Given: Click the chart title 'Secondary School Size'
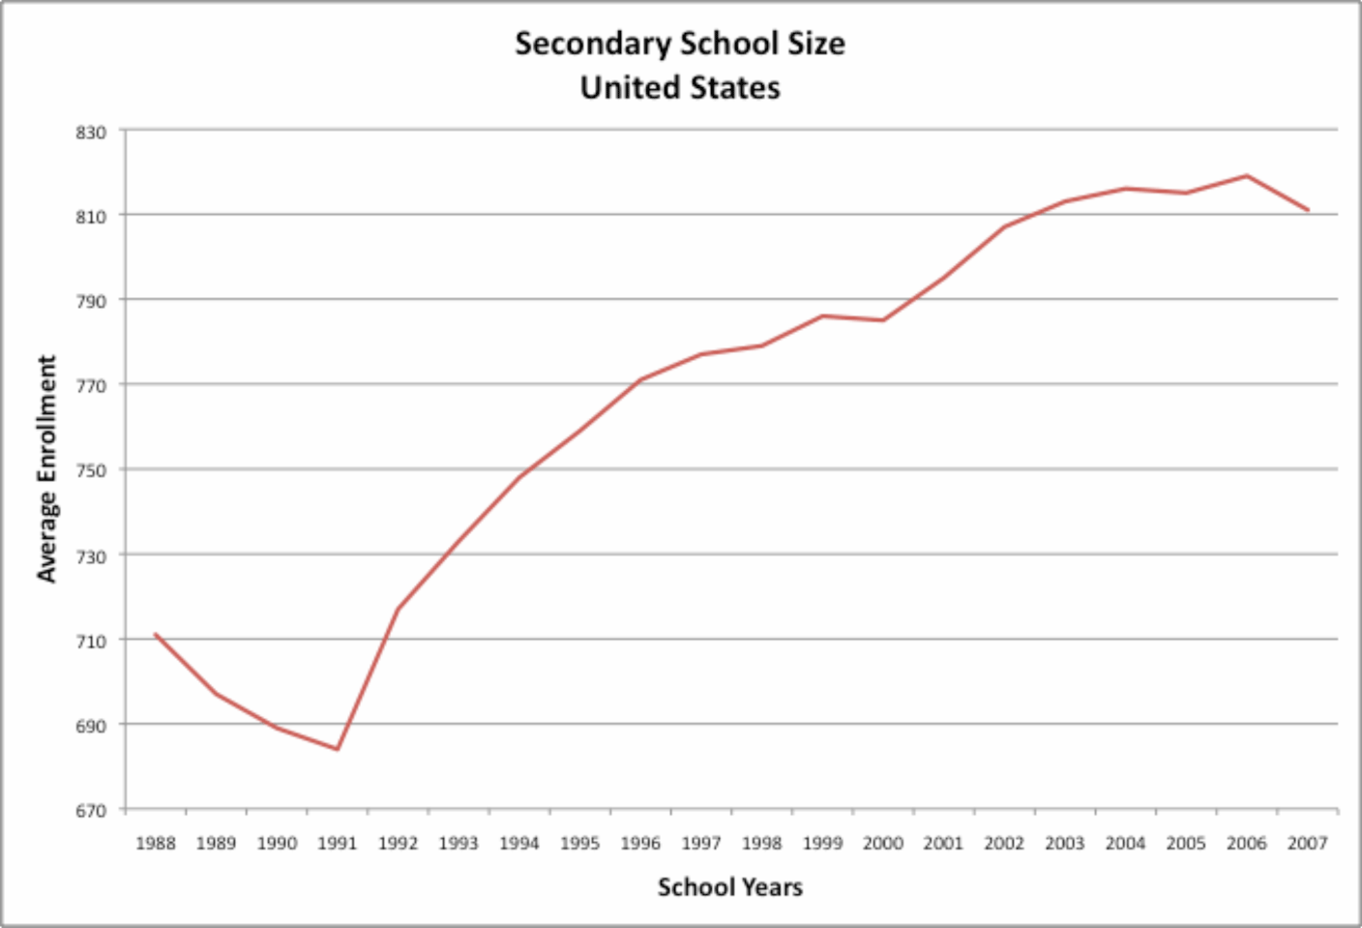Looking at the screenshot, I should click(x=679, y=44).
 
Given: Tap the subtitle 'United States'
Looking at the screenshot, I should click(x=679, y=88).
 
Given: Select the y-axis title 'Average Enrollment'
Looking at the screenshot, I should click(x=46, y=469).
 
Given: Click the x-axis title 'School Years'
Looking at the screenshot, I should click(x=729, y=887).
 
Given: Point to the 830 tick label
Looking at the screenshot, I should click(x=91, y=133).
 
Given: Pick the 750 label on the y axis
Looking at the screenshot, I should click(x=91, y=471).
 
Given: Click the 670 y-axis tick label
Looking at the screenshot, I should click(x=91, y=811).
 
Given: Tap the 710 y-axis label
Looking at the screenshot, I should click(x=91, y=642).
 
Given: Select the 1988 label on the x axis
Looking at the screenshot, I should click(x=155, y=844).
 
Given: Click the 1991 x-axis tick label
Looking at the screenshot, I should click(x=337, y=844).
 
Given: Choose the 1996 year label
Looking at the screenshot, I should click(x=639, y=844).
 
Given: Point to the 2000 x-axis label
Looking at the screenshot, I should click(x=882, y=844).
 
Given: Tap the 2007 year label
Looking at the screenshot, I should click(x=1307, y=844).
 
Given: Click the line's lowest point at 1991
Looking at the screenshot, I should click(x=337, y=749).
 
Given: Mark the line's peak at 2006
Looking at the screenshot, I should click(x=1247, y=176).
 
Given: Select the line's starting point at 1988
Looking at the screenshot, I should click(x=155, y=634).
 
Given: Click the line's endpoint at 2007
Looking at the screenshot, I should click(x=1308, y=210).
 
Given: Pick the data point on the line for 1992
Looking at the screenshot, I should click(x=398, y=609).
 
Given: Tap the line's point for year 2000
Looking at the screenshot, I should click(x=882, y=320).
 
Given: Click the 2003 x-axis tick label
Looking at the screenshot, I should click(x=1064, y=844).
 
